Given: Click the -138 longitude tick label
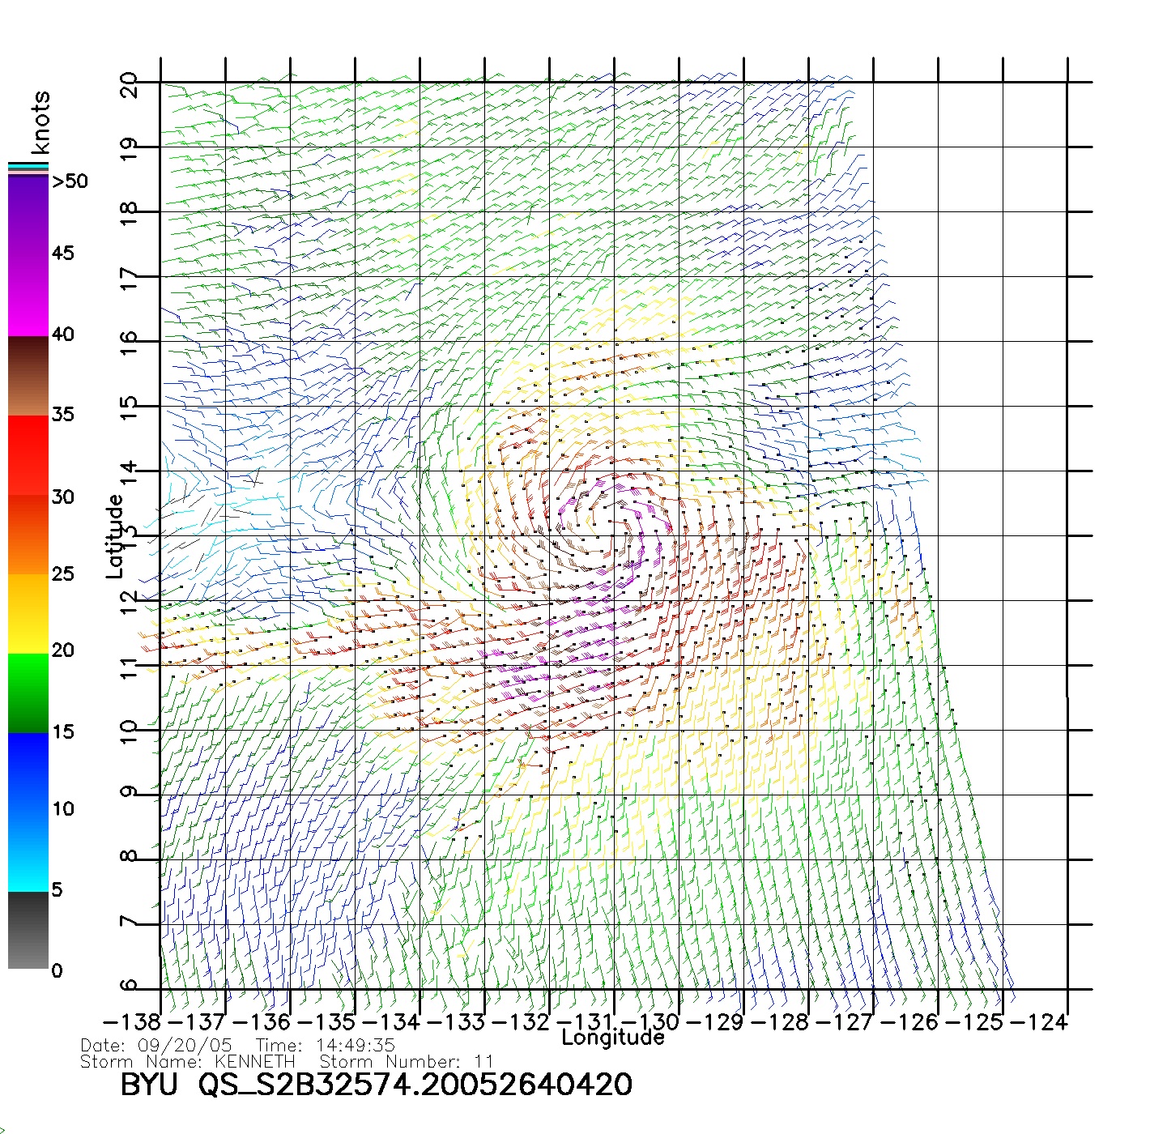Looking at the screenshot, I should coord(131,1022).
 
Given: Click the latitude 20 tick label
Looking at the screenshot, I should coord(129,84).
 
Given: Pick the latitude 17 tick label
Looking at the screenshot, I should coord(129,279).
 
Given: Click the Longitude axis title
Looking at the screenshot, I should coord(613,1038).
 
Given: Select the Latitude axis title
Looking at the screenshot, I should coord(115,535).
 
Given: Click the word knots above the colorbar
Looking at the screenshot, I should coord(40,122).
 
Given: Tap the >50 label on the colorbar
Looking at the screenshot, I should coord(70,181).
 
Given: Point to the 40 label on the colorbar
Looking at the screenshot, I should coord(63,335).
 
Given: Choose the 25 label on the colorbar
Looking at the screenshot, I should coord(63,574).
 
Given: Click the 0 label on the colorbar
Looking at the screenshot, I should coord(57,971).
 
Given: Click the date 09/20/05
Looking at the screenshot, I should coord(185,1046).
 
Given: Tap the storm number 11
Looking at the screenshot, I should coord(484,1061).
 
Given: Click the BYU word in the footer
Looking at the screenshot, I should coord(149,1085).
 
